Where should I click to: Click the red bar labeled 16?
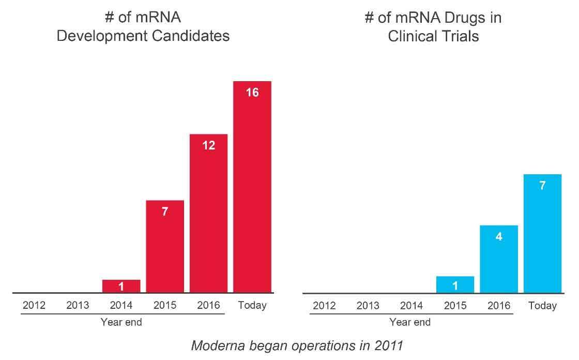252,186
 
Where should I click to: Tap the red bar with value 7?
165,246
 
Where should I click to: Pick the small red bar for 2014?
121,286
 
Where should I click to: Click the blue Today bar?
542,233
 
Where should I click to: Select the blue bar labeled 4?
499,259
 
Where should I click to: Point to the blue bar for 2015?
455,284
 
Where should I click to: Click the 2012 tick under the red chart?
34,305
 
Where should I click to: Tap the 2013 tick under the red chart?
78,305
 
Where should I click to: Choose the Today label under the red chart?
252,305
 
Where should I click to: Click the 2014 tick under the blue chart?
412,306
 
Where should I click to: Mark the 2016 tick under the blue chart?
499,306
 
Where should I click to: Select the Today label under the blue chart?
542,306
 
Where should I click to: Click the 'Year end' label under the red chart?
121,322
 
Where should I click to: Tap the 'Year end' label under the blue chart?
410,322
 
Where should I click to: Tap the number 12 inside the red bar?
208,145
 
